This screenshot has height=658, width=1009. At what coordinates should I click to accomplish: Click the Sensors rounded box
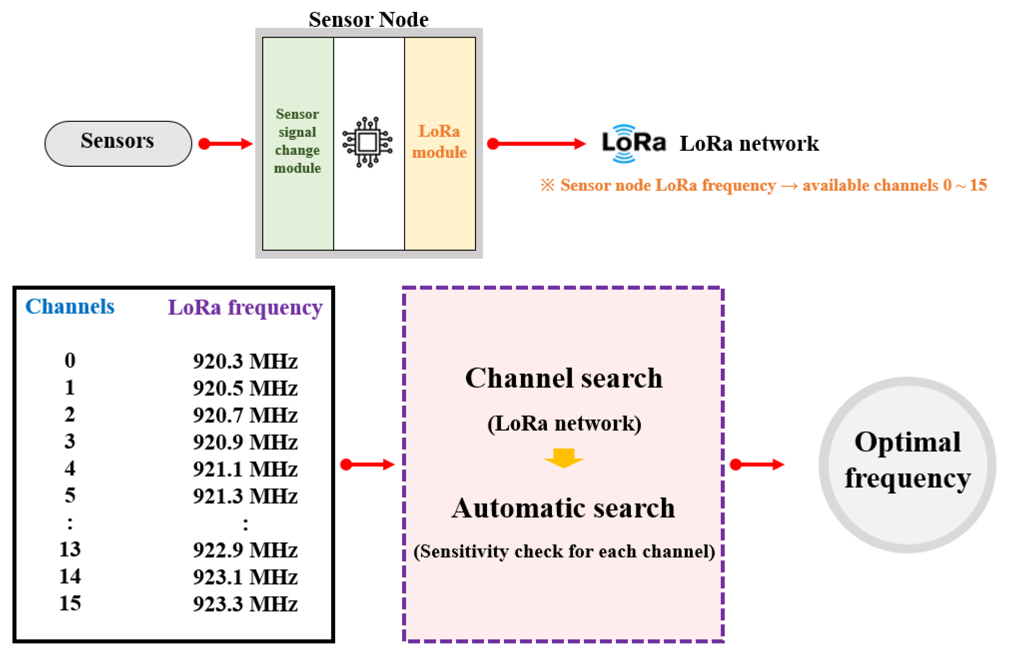[118, 144]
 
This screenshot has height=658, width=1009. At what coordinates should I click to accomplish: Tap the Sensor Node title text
[368, 19]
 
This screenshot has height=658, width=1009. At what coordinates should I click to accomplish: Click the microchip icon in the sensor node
[367, 142]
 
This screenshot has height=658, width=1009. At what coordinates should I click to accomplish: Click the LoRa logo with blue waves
[633, 143]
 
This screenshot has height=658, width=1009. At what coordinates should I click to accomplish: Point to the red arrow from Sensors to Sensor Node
[226, 144]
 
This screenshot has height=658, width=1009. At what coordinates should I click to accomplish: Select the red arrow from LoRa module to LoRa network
[537, 144]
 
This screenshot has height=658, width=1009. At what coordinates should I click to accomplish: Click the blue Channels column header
[70, 306]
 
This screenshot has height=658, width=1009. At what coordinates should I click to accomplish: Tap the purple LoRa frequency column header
[245, 307]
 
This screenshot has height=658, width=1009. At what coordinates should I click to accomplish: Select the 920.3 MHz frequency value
[245, 361]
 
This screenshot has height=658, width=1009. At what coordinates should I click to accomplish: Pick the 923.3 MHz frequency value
[245, 604]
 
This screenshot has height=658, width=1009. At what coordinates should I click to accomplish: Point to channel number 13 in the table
[70, 550]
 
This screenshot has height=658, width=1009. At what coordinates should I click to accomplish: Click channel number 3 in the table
[70, 441]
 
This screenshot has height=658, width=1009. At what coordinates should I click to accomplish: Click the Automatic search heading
[563, 508]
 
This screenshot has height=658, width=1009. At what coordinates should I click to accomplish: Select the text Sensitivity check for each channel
[564, 551]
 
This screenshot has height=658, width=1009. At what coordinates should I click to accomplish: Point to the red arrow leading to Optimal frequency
[757, 465]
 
